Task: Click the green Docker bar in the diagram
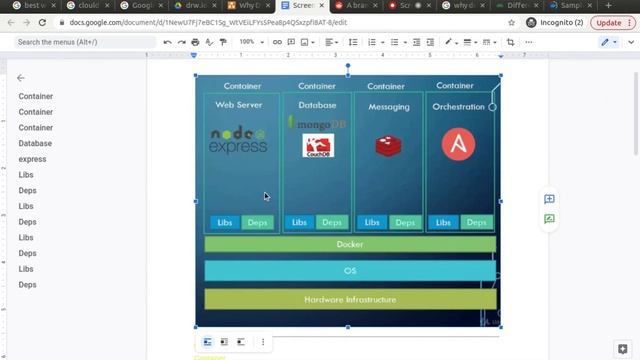tap(350, 244)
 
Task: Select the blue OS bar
tap(350, 270)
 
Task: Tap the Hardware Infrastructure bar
tap(350, 299)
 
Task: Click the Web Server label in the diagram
tap(240, 105)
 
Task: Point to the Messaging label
tap(388, 107)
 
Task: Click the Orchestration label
tap(458, 106)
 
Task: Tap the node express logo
tap(238, 141)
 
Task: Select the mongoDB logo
tap(317, 124)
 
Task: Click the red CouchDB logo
tap(317, 146)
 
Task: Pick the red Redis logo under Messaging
tap(388, 146)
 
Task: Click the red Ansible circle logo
tap(458, 144)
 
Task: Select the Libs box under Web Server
tap(224, 222)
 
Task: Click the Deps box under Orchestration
tap(476, 222)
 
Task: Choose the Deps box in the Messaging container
tap(405, 222)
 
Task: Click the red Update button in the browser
tap(608, 22)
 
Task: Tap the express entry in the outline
tap(32, 159)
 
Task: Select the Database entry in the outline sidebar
tap(35, 143)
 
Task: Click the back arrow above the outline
tap(21, 78)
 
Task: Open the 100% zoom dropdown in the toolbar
tap(250, 42)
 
